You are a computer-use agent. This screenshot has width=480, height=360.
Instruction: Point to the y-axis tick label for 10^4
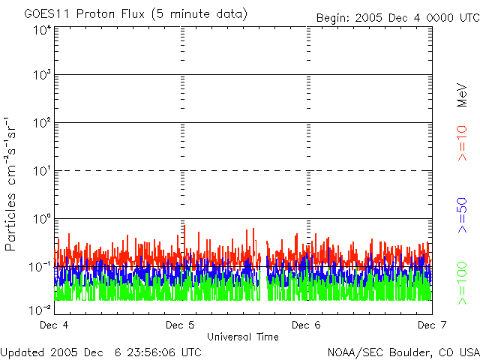[x=40, y=30]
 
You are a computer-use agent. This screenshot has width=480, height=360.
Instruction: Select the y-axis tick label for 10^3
[x=40, y=76]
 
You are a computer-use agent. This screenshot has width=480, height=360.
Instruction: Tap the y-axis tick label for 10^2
[x=40, y=124]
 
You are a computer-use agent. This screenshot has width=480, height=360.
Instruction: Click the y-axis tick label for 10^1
[x=40, y=172]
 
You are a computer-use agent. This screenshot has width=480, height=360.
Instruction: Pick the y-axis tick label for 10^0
[x=40, y=220]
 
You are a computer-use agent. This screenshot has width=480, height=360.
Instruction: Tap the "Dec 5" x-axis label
[x=180, y=325]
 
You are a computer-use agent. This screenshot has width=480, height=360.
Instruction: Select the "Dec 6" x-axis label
[x=306, y=325]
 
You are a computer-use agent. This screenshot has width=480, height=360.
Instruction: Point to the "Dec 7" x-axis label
[x=431, y=325]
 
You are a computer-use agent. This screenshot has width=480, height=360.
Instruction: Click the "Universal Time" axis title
[x=242, y=337]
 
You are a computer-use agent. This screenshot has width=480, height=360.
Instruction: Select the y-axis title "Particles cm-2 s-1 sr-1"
[x=12, y=183]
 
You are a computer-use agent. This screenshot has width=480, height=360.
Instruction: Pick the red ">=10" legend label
[x=463, y=144]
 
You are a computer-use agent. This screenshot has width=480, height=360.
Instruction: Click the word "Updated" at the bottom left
[x=22, y=352]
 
